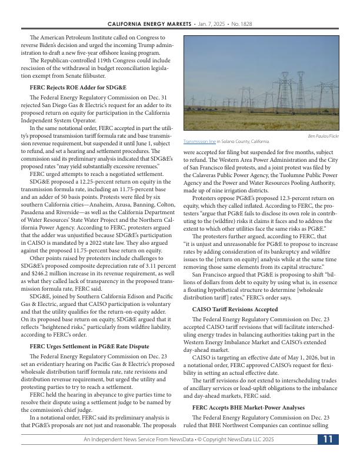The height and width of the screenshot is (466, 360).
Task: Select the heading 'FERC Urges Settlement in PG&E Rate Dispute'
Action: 89,346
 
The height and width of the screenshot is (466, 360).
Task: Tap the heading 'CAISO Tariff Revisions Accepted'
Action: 235,308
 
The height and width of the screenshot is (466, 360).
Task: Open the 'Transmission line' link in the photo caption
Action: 199,142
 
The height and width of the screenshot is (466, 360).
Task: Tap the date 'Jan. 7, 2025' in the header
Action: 209,24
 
